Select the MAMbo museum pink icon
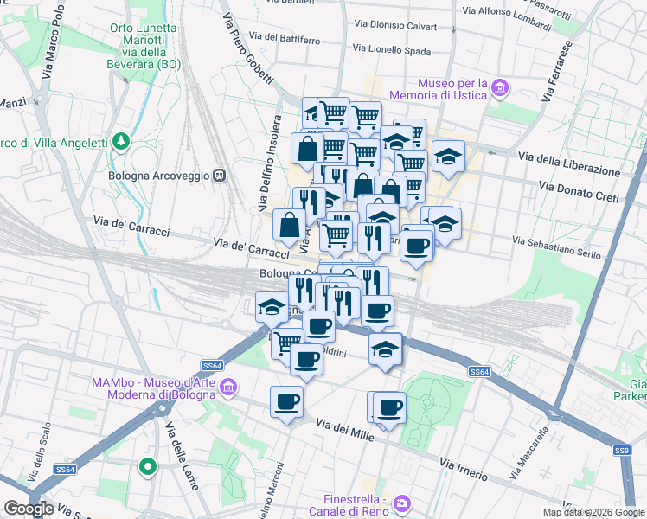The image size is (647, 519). point(228,386)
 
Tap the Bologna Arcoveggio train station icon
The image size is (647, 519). point(220,174)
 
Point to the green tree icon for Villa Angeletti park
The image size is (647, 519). point(122,140)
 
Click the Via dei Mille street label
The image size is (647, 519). point(345,430)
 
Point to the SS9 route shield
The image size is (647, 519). point(622,450)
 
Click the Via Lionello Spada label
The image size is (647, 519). point(393,50)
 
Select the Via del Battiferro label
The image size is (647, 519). point(285,39)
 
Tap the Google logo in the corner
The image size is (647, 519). point(29,509)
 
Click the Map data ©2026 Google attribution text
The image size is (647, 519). point(593,512)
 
